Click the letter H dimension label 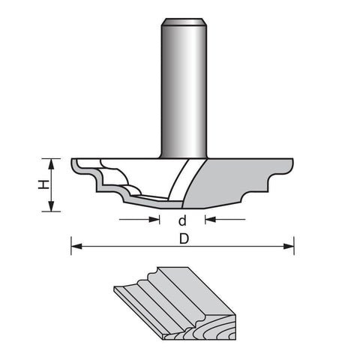(x=43, y=184)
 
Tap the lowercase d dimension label (x=182, y=220)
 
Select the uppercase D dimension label (x=184, y=238)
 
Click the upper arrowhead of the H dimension (x=51, y=163)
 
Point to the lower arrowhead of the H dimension (x=51, y=206)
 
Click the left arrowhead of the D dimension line (x=76, y=246)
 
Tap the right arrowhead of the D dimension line (x=289, y=246)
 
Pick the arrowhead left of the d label (x=154, y=220)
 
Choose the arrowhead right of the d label (x=211, y=220)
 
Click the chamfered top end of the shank (x=184, y=22)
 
